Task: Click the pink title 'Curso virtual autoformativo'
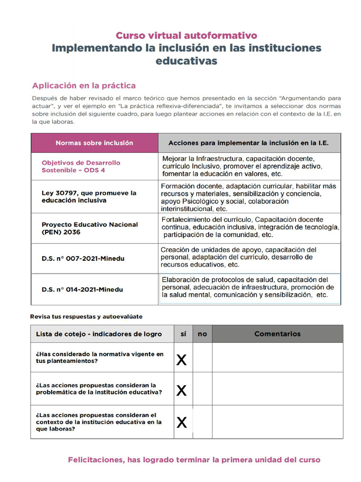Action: click(x=186, y=35)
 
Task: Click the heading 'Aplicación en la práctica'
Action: click(x=84, y=86)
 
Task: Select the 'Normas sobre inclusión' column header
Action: click(x=94, y=143)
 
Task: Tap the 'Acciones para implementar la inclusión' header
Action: click(x=248, y=143)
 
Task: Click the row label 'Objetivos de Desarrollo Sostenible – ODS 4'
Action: click(x=81, y=166)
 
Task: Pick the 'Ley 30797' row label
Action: click(x=89, y=197)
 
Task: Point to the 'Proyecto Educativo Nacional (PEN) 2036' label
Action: click(x=90, y=228)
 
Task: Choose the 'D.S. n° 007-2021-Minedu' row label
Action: click(x=83, y=258)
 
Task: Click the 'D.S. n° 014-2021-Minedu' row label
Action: click(x=82, y=289)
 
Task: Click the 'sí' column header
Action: click(x=183, y=334)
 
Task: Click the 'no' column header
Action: click(x=202, y=334)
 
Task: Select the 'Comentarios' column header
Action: click(x=277, y=334)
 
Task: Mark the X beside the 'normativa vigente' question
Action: click(x=181, y=361)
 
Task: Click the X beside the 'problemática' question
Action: click(x=181, y=390)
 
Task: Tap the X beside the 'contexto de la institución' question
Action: click(x=181, y=423)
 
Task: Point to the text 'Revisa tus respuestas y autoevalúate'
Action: click(x=86, y=316)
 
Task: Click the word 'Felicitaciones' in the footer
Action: click(x=96, y=460)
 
